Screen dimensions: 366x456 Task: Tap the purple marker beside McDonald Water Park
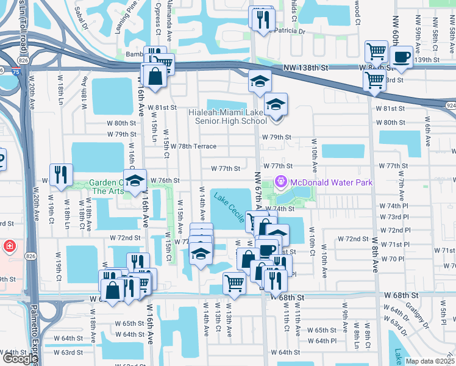pos(281,181)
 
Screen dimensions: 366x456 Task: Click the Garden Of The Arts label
pos(107,187)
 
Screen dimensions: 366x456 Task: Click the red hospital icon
pos(10,247)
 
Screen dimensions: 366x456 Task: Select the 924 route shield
pos(450,106)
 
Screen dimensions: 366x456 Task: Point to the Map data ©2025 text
pos(430,361)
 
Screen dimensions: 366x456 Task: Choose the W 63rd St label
pos(68,353)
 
